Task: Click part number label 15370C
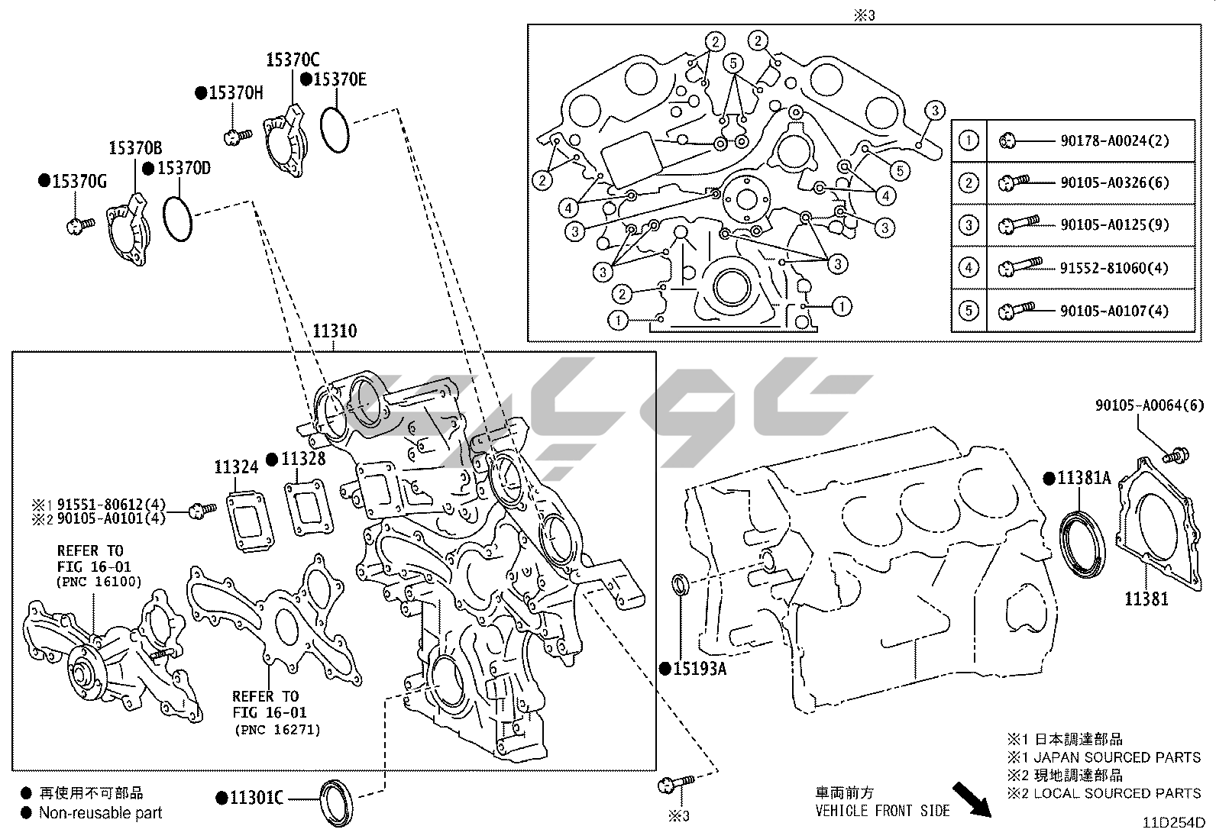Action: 293,59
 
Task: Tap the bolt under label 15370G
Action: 79,224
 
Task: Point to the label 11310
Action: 335,331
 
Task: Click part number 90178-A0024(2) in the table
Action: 1114,140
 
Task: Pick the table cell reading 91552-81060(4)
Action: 1114,267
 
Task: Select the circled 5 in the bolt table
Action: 969,311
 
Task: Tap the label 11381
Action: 1146,599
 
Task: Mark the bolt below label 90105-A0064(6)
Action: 1175,455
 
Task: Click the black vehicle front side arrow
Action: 972,799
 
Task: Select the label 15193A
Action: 699,669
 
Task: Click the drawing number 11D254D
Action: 1174,822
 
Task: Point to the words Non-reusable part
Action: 100,812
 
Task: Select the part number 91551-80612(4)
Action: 112,504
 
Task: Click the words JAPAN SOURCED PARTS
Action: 1117,757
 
